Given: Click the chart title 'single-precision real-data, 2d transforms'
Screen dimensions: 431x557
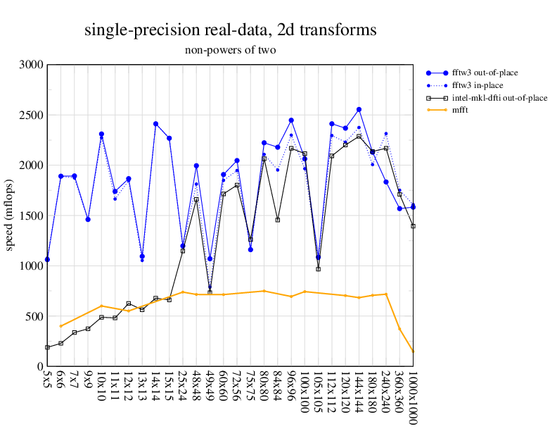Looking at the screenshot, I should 230,30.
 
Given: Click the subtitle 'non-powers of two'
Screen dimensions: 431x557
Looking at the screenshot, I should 230,50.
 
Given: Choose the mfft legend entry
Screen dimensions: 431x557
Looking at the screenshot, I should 461,110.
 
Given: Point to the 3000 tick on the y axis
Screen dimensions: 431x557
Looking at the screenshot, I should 30,65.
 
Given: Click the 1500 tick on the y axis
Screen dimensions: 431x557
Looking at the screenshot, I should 30,216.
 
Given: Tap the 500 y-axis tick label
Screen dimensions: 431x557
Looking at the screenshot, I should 33,317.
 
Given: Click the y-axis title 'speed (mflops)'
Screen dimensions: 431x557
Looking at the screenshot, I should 11,216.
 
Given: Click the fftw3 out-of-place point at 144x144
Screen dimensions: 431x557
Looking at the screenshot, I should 359,110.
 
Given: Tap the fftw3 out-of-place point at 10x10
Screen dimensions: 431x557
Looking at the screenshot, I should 101,134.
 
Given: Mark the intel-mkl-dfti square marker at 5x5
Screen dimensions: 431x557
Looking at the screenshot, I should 47,347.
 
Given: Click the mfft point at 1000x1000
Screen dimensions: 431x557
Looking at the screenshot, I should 413,351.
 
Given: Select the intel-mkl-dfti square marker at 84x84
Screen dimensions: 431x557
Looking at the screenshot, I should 278,220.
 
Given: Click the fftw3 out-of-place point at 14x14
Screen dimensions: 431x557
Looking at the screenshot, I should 155,124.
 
